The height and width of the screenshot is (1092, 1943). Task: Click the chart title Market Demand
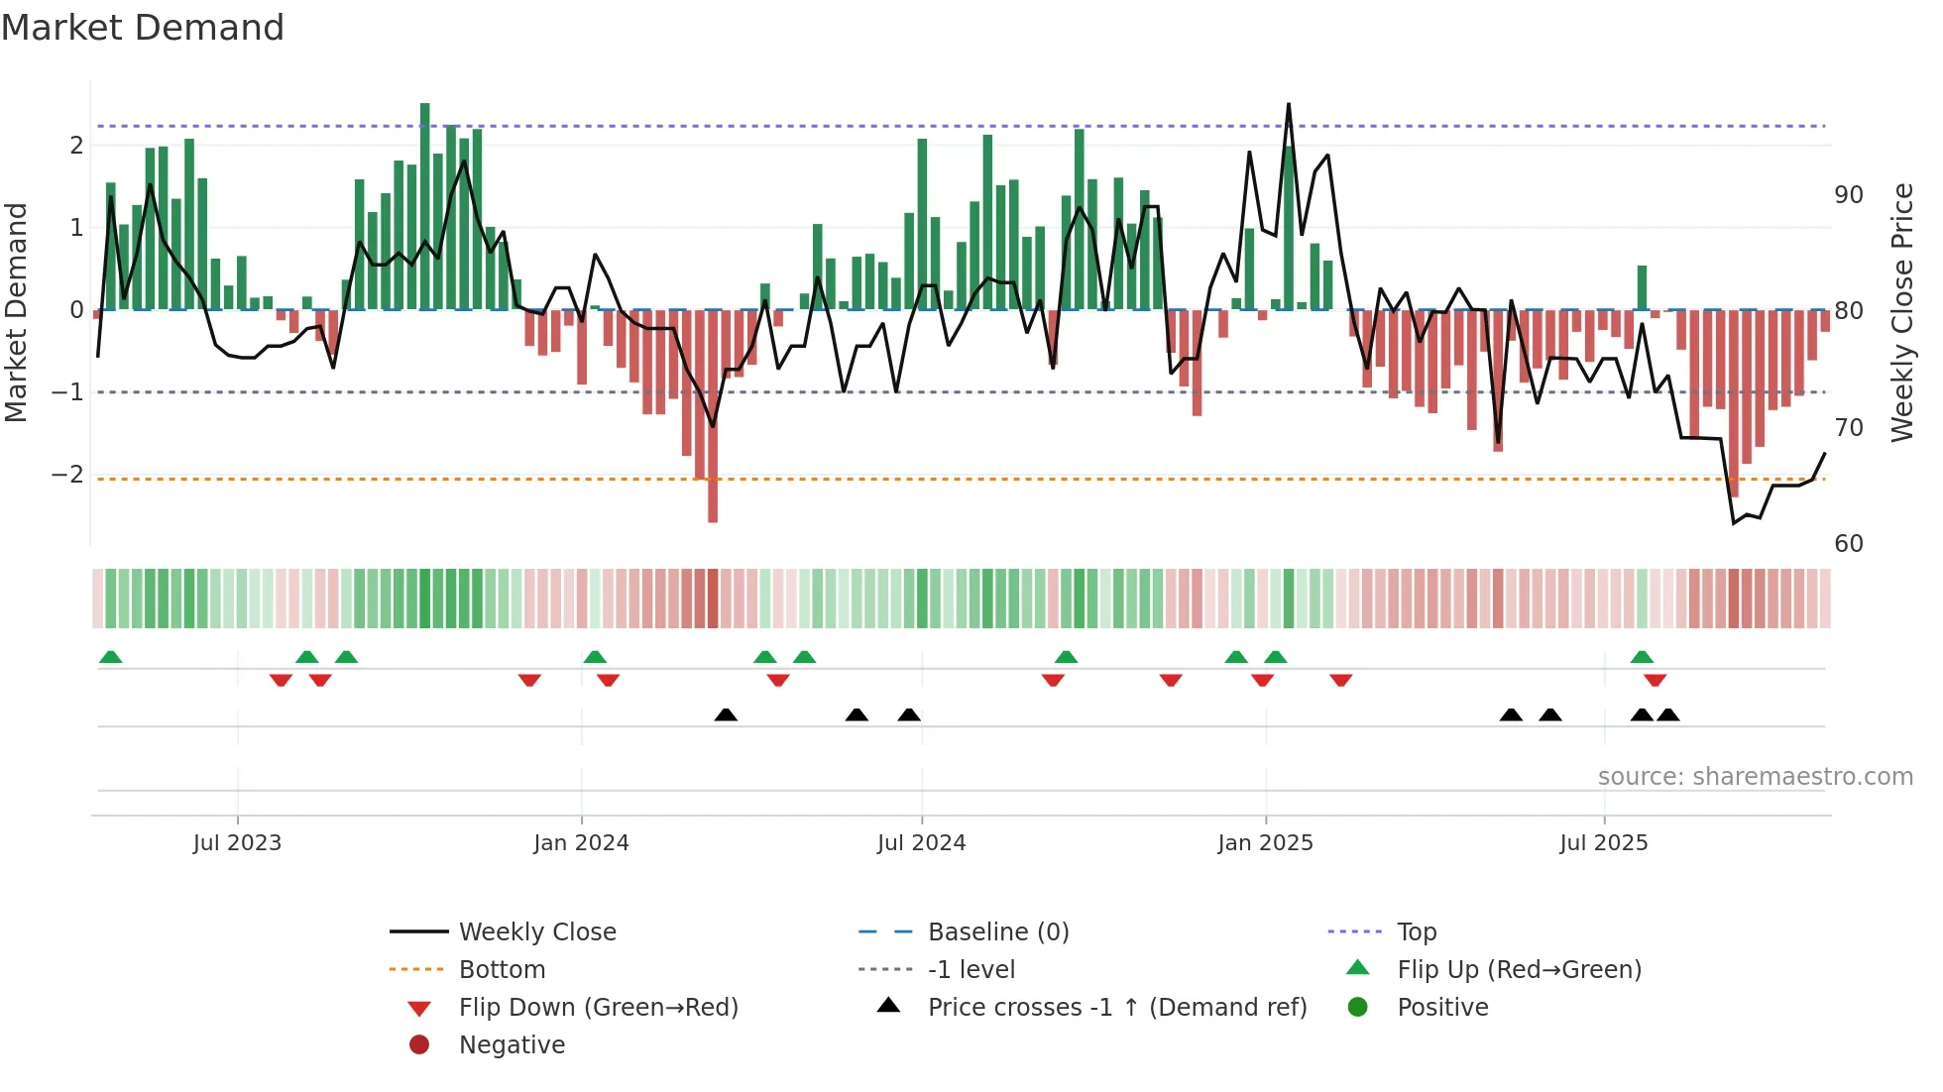coord(143,28)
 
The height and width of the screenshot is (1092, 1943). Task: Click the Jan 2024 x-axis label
coord(581,843)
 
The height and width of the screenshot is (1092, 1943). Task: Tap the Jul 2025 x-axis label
coord(1603,843)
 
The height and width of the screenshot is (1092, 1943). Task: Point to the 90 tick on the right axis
coord(1848,195)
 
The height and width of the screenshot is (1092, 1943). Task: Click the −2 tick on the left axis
coord(68,475)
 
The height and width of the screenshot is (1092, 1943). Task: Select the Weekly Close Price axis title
coord(1901,312)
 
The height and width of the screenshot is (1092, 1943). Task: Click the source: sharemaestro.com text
coord(1755,777)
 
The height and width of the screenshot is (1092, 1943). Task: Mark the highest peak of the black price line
coord(1289,105)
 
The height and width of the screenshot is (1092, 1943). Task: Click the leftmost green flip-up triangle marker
coord(111,657)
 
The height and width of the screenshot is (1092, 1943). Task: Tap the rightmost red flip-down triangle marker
coord(1655,680)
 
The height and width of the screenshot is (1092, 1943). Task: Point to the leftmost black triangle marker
coord(726,714)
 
